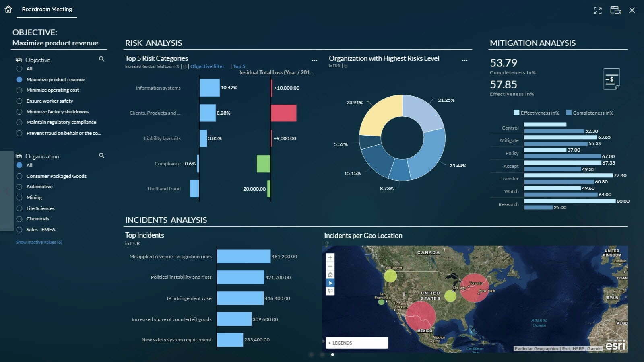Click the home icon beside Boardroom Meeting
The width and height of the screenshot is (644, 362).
[x=8, y=9]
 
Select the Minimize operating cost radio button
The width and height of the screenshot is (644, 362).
[x=19, y=90]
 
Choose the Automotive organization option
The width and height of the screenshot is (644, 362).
[x=19, y=187]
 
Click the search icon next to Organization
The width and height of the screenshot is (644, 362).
[x=101, y=155]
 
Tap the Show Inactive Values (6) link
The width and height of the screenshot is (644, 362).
[x=39, y=242]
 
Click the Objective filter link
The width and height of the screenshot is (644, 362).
[x=207, y=66]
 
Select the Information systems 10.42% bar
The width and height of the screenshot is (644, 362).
[x=209, y=88]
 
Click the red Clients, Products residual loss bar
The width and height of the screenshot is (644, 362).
[x=284, y=113]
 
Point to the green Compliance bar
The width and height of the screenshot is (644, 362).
[x=264, y=164]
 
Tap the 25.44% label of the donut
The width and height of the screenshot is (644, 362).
[x=458, y=166]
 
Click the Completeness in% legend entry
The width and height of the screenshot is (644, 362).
[x=590, y=113]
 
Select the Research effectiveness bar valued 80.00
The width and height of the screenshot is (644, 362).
[x=570, y=201]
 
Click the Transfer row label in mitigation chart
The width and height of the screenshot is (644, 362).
[x=509, y=179]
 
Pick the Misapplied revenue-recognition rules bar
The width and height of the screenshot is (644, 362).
[x=244, y=257]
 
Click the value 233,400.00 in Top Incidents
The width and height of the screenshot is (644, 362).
[x=257, y=340]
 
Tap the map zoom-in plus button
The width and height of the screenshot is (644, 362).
[x=330, y=258]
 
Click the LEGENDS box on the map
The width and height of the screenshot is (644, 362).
[x=357, y=343]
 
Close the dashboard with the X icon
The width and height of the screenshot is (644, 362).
[x=632, y=10]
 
